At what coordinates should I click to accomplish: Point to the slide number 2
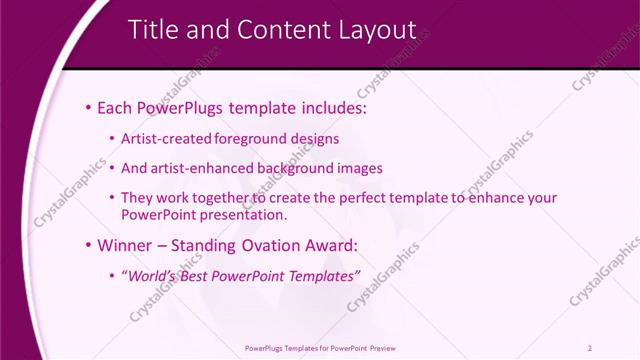(589, 348)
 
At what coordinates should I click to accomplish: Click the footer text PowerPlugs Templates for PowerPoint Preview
(320, 348)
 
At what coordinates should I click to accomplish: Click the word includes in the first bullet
(325, 107)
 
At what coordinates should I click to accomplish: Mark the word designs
(317, 139)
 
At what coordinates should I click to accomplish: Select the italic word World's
(148, 275)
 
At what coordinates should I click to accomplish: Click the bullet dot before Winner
(89, 245)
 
